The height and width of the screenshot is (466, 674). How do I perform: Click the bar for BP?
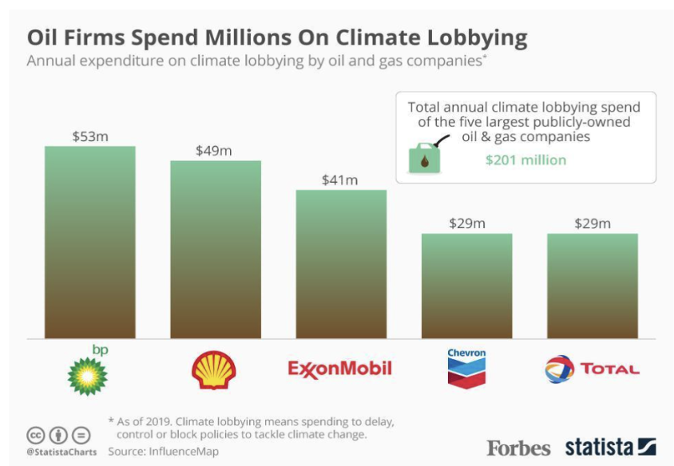[89, 243]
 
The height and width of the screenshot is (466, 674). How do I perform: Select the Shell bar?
[216, 250]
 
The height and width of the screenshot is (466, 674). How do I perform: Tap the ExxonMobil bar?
[341, 264]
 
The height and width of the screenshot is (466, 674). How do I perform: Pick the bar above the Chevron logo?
[467, 286]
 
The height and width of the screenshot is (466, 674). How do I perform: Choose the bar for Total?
[593, 286]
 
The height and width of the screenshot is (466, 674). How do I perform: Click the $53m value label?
[90, 136]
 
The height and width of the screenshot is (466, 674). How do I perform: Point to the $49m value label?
[214, 151]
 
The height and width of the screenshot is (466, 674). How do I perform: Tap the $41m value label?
[339, 180]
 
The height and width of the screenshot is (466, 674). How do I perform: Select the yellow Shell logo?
[214, 369]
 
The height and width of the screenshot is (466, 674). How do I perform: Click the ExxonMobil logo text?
[339, 369]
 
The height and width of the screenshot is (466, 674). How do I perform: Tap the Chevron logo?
[466, 368]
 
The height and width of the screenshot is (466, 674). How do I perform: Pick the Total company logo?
[592, 369]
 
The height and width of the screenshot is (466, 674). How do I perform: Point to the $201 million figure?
[525, 160]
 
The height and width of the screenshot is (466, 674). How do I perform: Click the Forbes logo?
[518, 448]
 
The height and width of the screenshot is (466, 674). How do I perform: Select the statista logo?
[610, 447]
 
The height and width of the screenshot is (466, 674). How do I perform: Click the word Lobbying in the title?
[477, 38]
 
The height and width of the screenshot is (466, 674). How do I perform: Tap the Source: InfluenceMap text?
[164, 452]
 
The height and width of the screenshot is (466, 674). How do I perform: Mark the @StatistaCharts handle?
[61, 452]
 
